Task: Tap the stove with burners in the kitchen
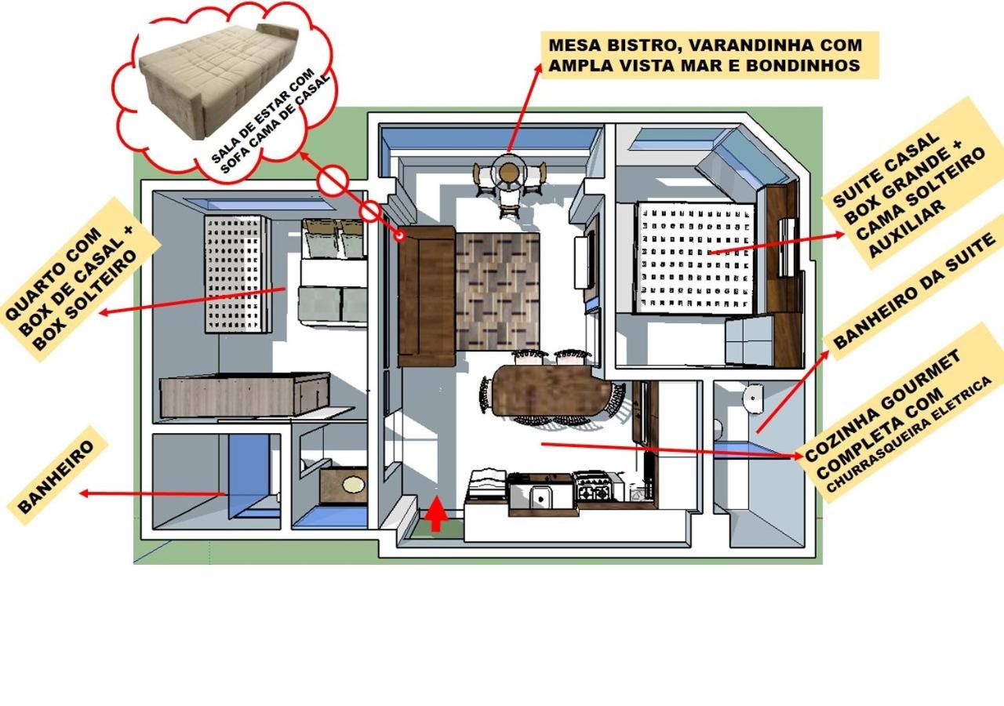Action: pyautogui.click(x=593, y=487)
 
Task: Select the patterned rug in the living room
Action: pyautogui.click(x=497, y=291)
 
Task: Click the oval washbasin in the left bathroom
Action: pyautogui.click(x=354, y=484)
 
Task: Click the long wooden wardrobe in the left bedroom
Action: pyautogui.click(x=244, y=395)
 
